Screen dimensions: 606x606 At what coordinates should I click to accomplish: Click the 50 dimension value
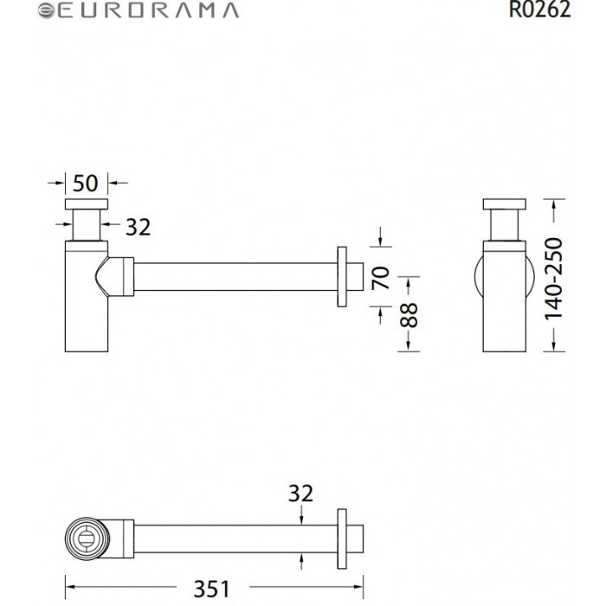[85, 183]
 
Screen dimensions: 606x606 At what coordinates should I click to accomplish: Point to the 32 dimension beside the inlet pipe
[138, 227]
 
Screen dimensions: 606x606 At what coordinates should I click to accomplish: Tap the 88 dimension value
[410, 314]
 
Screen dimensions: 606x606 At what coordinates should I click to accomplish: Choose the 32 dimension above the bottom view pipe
[300, 493]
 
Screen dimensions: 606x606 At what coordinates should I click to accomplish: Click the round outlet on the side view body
[485, 278]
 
